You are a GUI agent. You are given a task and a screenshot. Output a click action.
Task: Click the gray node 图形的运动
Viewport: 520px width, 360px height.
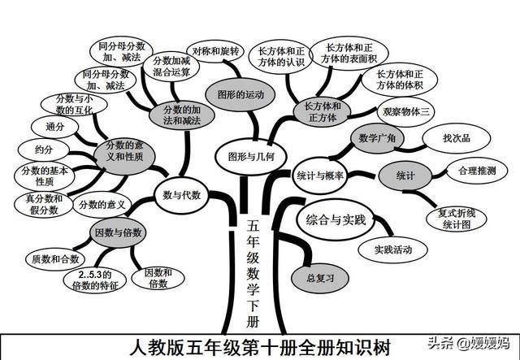click(x=236, y=93)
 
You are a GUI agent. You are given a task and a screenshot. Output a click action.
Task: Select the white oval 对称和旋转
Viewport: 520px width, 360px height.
click(x=214, y=51)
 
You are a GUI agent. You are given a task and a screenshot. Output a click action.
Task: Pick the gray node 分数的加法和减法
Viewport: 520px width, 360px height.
click(x=176, y=113)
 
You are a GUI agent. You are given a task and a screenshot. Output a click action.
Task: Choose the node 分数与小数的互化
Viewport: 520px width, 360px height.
click(x=66, y=103)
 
